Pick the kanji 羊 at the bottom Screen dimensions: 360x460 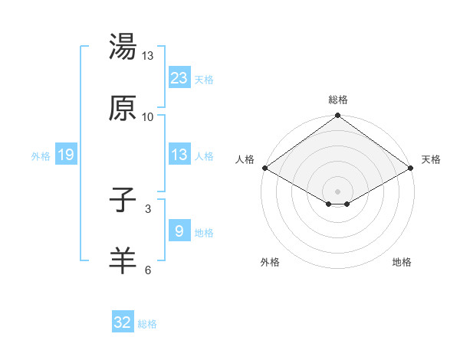coord(123,260)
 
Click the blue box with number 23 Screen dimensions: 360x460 coord(179,77)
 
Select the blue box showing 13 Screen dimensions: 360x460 coord(179,155)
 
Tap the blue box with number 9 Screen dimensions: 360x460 coord(179,231)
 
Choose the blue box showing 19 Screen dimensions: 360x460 coord(66,155)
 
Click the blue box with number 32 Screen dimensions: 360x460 coord(123,322)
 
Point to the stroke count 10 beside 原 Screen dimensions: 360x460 coord(148,116)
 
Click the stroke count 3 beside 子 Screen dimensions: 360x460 coord(148,209)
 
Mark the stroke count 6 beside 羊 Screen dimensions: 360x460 coord(148,269)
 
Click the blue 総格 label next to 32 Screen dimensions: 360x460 coord(147,324)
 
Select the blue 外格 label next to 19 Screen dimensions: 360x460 coord(41,155)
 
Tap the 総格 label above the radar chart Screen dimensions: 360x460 coord(337,100)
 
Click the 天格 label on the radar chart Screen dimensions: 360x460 coord(431,159)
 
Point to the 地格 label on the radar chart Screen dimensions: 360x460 coord(402,262)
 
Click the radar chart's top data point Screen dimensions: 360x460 coord(337,116)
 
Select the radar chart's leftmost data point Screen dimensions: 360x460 coord(264,168)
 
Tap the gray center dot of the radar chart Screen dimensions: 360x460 coord(337,191)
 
